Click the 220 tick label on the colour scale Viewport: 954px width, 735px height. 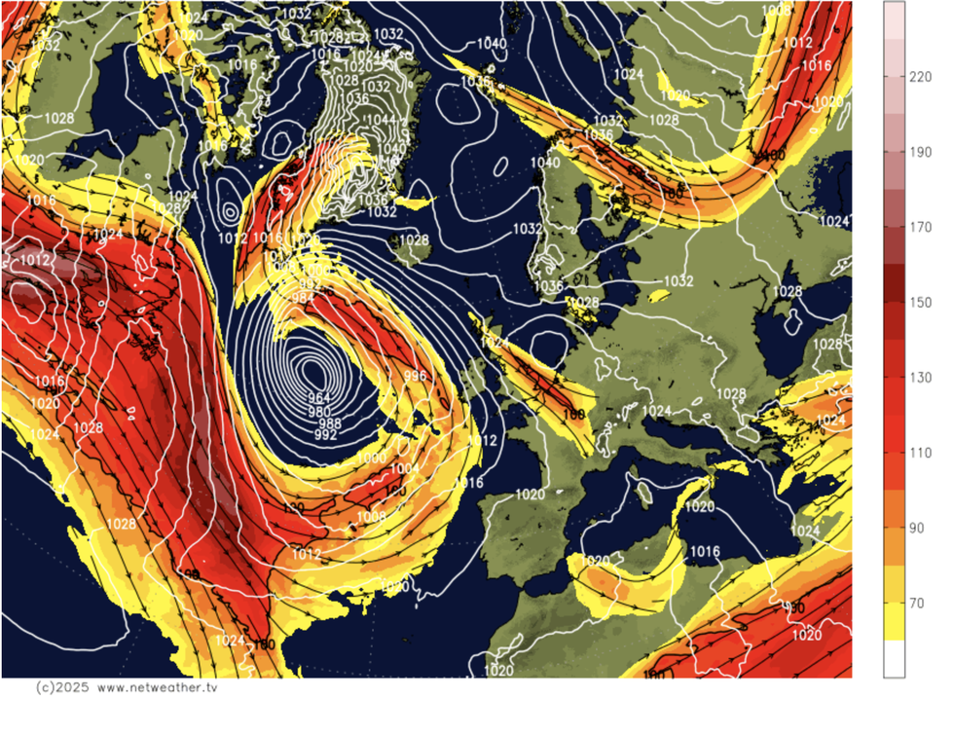click(x=920, y=78)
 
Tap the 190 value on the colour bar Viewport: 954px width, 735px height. click(x=920, y=153)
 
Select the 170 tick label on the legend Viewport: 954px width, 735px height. click(x=920, y=228)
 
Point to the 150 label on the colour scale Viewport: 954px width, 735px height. click(x=920, y=303)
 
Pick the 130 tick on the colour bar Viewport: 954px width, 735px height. click(x=920, y=378)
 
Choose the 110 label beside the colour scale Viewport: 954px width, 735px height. click(x=920, y=453)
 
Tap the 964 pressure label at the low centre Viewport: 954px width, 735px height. click(x=320, y=398)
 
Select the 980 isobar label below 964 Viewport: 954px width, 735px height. click(x=320, y=411)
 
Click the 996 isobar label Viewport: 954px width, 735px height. click(x=416, y=377)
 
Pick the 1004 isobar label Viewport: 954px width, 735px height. click(x=404, y=468)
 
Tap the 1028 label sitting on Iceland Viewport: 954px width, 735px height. click(x=414, y=239)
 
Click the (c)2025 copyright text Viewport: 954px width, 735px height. click(x=61, y=687)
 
